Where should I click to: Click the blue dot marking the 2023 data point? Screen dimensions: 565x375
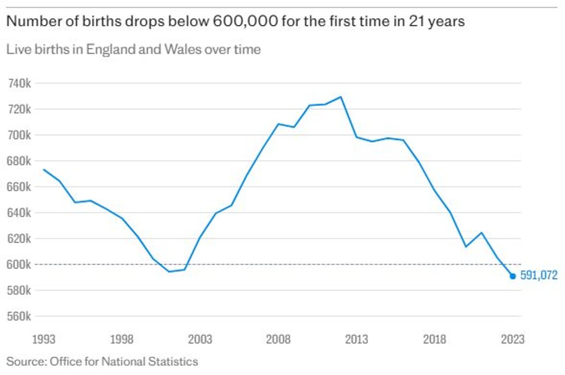[513, 276]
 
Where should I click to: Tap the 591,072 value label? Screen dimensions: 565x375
[539, 275]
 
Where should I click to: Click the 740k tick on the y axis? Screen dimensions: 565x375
[19, 84]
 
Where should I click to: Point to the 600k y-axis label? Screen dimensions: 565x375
[19, 265]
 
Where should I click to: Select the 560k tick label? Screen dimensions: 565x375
[19, 316]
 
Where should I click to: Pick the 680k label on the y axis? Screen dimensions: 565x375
[19, 161]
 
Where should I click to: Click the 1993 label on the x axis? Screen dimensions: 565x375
[44, 339]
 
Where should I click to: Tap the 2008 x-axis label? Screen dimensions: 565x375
[278, 339]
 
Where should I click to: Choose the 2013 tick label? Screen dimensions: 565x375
[356, 339]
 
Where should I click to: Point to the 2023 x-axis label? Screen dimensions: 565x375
[513, 339]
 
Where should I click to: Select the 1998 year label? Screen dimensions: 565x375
[122, 339]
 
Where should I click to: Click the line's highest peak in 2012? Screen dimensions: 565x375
[340, 97]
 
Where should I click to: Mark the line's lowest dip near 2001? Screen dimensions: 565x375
[169, 271]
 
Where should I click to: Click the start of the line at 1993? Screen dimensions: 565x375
[44, 169]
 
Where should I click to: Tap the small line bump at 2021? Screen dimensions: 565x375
[481, 233]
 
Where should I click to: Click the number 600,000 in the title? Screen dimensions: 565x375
[245, 21]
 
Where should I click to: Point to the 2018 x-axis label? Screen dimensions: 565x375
[435, 339]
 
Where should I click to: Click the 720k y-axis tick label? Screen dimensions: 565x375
[19, 109]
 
